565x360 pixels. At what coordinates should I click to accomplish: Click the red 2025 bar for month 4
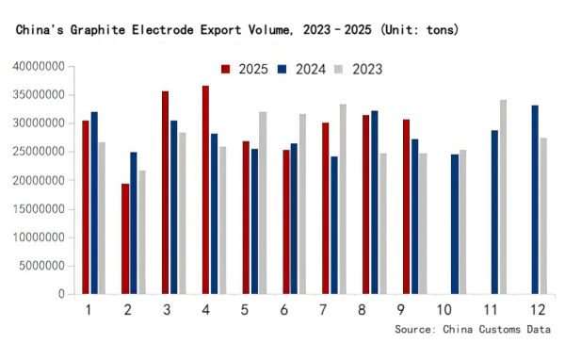pos(205,189)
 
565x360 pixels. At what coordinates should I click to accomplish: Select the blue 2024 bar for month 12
pos(535,200)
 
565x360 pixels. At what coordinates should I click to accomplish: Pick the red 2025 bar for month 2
pos(125,238)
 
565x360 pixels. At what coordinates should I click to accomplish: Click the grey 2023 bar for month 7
pos(343,199)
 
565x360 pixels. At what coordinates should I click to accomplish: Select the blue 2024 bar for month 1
pos(93,203)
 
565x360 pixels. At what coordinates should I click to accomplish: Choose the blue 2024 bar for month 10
pos(454,224)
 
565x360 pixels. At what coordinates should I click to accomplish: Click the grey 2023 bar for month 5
pos(263,203)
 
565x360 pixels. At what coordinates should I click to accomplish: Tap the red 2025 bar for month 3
pos(165,192)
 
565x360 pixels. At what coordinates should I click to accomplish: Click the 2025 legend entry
pos(246,69)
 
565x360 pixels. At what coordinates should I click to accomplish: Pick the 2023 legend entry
pos(360,69)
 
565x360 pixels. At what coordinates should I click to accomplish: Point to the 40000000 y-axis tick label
pos(39,67)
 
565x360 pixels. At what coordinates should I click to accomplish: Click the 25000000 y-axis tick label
pos(39,152)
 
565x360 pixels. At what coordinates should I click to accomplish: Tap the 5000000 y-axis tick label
pos(41,266)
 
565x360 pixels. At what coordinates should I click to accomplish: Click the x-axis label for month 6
pos(285,309)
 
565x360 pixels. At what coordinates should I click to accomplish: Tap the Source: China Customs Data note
pos(474,329)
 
